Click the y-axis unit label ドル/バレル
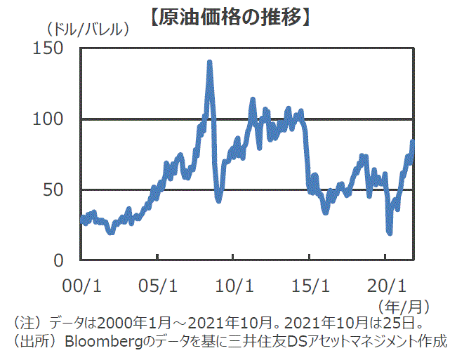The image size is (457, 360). click(89, 30)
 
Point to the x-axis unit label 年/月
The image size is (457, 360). click(404, 307)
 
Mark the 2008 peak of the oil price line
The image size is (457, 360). click(209, 62)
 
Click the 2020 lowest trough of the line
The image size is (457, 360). click(390, 232)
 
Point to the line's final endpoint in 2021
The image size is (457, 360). click(413, 142)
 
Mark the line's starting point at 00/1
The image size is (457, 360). click(82, 220)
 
